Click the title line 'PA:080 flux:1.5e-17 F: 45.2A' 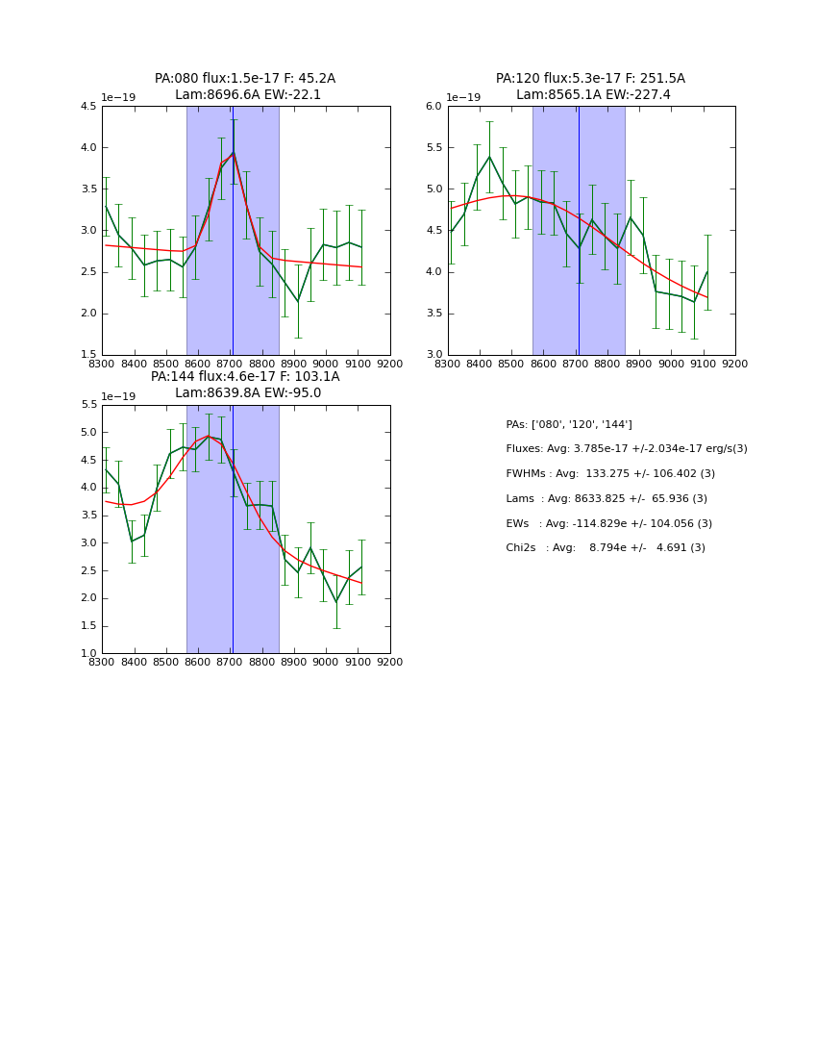pyautogui.click(x=245, y=79)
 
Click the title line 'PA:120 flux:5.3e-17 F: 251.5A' pyautogui.click(x=590, y=79)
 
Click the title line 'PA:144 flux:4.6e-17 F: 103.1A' pyautogui.click(x=245, y=377)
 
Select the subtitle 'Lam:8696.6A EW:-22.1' pyautogui.click(x=248, y=95)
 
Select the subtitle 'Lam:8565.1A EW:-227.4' pyautogui.click(x=593, y=95)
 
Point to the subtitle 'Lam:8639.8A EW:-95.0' pyautogui.click(x=248, y=393)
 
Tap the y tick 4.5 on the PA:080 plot pyautogui.click(x=87, y=107)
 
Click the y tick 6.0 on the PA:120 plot pyautogui.click(x=433, y=107)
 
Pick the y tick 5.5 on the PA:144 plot pyautogui.click(x=87, y=405)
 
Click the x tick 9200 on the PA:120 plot pyautogui.click(x=735, y=364)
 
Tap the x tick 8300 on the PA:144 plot pyautogui.click(x=102, y=662)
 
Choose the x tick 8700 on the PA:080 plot pyautogui.click(x=230, y=364)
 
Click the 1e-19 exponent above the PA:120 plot pyautogui.click(x=463, y=98)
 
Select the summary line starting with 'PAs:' pyautogui.click(x=569, y=425)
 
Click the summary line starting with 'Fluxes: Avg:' pyautogui.click(x=626, y=449)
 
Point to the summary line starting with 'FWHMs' pyautogui.click(x=610, y=474)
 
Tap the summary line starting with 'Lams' pyautogui.click(x=607, y=499)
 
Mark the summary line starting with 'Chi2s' pyautogui.click(x=606, y=548)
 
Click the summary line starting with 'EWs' pyautogui.click(x=609, y=524)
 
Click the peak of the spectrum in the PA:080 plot pyautogui.click(x=233, y=152)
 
